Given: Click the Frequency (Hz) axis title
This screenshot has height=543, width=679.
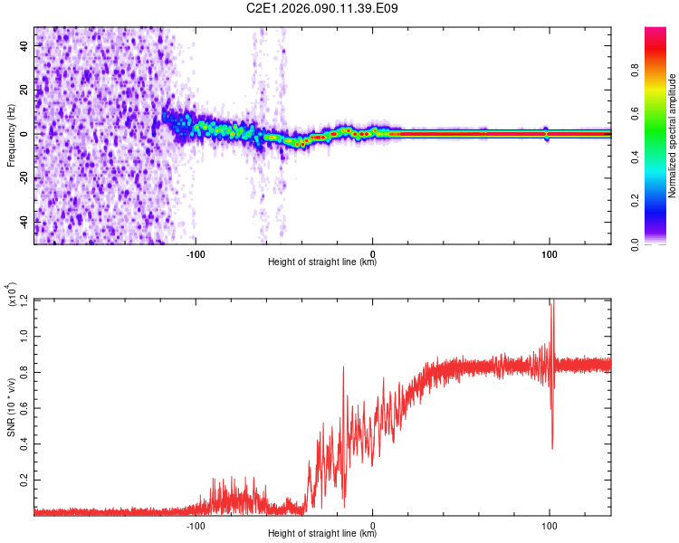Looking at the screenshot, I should [11, 135].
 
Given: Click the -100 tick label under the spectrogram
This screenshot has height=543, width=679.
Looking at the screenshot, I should [196, 252].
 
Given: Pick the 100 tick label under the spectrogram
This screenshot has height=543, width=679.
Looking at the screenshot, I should [549, 252].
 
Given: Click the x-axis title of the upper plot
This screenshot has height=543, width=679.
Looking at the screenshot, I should [322, 262].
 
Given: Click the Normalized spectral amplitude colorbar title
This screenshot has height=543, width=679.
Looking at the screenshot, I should [673, 136].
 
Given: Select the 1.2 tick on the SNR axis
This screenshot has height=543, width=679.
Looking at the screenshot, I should [24, 300].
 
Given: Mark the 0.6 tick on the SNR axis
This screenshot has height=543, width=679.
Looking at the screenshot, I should [24, 405].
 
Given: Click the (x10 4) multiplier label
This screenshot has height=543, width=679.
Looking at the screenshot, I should [11, 295].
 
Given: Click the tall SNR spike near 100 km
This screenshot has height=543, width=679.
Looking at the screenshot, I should [551, 312].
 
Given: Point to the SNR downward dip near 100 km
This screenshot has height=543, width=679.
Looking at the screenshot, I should [552, 445].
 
